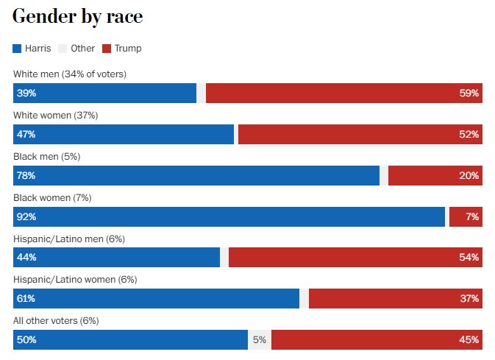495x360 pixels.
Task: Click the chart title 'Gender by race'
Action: tap(77, 17)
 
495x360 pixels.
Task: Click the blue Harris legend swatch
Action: tap(18, 49)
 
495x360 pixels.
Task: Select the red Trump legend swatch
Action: tap(107, 49)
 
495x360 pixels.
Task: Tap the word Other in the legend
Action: tap(82, 49)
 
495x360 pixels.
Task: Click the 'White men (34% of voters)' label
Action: tap(70, 74)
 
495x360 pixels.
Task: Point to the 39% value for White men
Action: tap(26, 93)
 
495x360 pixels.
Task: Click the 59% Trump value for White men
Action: tap(469, 93)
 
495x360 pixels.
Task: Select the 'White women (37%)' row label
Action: tap(56, 116)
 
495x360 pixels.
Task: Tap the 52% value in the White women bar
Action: tap(469, 135)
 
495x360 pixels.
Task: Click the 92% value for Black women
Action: tap(26, 217)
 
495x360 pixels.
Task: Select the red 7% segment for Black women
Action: tap(465, 217)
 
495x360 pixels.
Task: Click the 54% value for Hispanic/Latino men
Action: tap(469, 258)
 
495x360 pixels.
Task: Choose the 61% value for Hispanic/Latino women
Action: tap(26, 299)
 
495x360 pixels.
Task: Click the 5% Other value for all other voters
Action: tap(259, 340)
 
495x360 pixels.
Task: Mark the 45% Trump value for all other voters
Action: tap(469, 340)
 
